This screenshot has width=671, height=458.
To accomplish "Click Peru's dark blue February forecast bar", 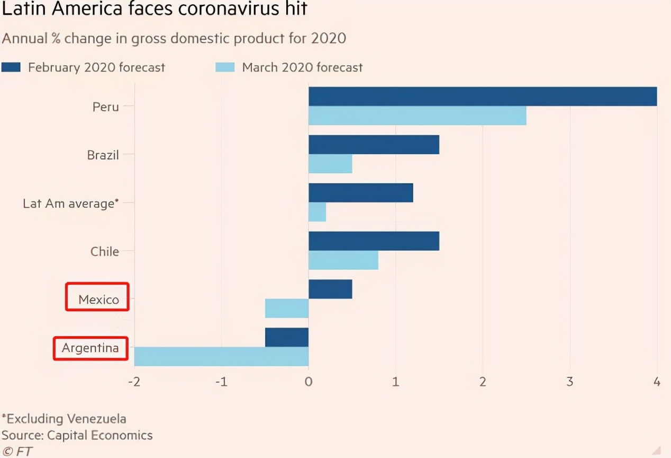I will pos(483,96).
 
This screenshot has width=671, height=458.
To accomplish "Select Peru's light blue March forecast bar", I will pos(417,116).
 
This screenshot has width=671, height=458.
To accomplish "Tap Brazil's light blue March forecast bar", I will pos(330,164).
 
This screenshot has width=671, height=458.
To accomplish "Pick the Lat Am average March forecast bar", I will pos(317,212).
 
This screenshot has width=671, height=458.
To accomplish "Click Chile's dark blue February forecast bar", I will pos(374,241).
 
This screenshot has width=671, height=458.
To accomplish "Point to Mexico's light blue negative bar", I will pos(286,308).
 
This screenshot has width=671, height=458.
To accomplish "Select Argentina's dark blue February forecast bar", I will pos(286,337).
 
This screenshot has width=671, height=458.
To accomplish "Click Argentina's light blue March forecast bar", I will pos(221,356).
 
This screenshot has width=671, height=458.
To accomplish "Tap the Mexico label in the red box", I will pos(98,300).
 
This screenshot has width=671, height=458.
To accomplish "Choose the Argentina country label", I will pos(90,348).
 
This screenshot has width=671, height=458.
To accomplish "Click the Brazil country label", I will pos(103,155).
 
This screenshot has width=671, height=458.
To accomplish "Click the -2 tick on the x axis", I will pos(134,382).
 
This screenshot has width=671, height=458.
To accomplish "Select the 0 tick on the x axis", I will pos(309,382).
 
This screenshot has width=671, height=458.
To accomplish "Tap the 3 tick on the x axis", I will pos(570,382).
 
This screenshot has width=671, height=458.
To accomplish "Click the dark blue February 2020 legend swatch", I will pos(11,67).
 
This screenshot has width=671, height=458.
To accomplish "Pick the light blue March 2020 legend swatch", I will pos(224,67).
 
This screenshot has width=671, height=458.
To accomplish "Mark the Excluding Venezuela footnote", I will pos(64,419).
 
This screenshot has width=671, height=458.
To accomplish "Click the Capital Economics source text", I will pos(99,436).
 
